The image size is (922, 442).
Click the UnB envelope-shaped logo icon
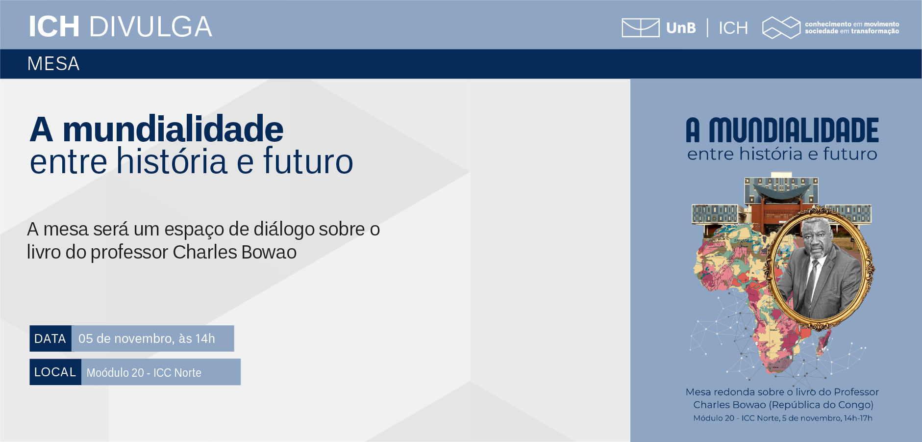640,27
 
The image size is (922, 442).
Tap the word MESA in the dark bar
53,64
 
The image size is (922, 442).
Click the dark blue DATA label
50,338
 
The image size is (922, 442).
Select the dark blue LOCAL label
55,372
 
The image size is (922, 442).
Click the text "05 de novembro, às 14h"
147,338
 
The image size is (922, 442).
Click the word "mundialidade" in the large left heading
173,129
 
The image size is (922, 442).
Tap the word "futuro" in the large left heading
308,161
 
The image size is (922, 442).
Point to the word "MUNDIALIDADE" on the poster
794,130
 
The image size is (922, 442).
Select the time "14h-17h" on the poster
858,418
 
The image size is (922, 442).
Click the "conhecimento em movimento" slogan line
852,24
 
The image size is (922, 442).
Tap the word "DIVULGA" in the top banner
150,27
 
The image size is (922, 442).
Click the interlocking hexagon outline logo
781,27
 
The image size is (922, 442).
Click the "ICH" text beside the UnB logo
733,28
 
